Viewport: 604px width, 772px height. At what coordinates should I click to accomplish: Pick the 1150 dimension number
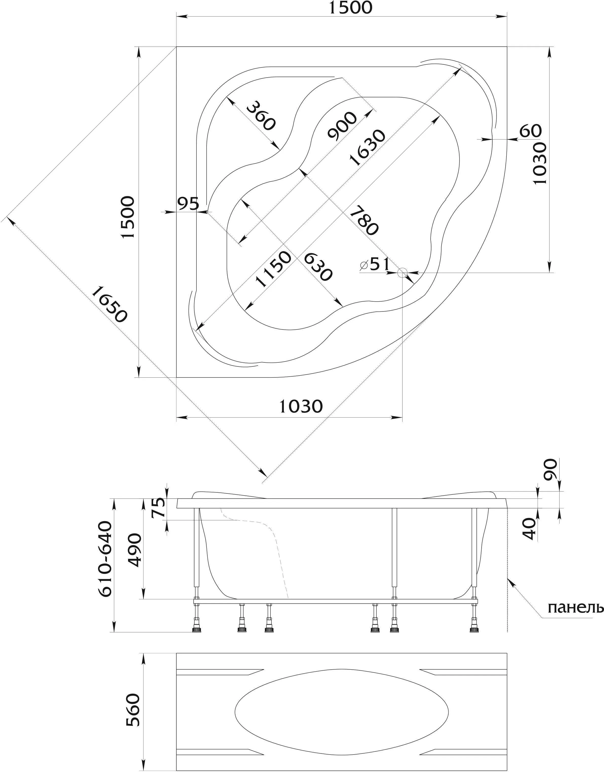(x=274, y=269)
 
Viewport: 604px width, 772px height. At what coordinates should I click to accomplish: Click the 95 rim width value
(x=188, y=204)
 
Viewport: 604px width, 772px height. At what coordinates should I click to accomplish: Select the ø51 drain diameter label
(x=375, y=265)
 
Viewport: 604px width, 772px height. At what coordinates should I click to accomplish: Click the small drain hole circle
(x=402, y=273)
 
